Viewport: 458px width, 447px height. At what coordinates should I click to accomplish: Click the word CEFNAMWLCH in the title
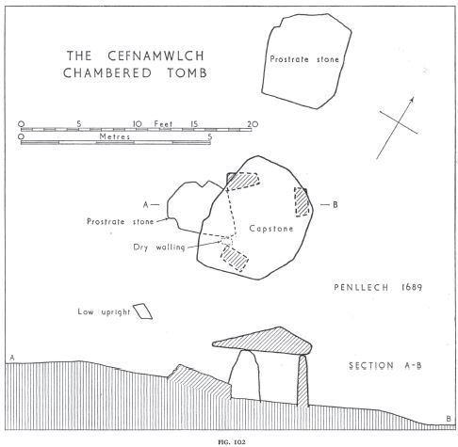point(156,56)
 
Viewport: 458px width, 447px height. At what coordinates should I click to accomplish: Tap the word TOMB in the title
point(187,72)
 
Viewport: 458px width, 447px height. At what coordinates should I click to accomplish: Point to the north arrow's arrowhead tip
point(413,97)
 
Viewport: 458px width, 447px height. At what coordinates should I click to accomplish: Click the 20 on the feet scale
point(253,124)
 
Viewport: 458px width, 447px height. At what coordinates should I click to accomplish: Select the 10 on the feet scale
point(138,124)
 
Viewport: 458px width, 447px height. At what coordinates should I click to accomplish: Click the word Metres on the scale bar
point(114,136)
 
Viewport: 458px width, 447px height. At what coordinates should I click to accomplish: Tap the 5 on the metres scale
point(210,136)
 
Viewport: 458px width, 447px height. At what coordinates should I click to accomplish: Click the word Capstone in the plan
point(271,229)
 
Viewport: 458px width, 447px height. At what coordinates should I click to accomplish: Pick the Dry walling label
point(159,247)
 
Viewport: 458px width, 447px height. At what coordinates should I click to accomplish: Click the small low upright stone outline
point(143,311)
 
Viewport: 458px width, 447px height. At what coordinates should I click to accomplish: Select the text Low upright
point(104,312)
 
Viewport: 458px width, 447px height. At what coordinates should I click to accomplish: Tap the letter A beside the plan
point(145,205)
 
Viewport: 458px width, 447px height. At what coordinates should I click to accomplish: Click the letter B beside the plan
point(335,205)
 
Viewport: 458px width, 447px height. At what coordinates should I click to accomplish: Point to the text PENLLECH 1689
point(378,287)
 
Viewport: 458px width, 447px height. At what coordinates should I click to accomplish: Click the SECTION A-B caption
point(385,366)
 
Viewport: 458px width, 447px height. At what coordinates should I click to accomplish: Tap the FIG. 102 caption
point(232,442)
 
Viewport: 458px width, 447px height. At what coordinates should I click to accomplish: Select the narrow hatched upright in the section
point(303,380)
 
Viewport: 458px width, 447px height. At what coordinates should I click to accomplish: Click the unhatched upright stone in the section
point(245,376)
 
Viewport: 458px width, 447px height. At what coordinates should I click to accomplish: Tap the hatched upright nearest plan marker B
point(302,201)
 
